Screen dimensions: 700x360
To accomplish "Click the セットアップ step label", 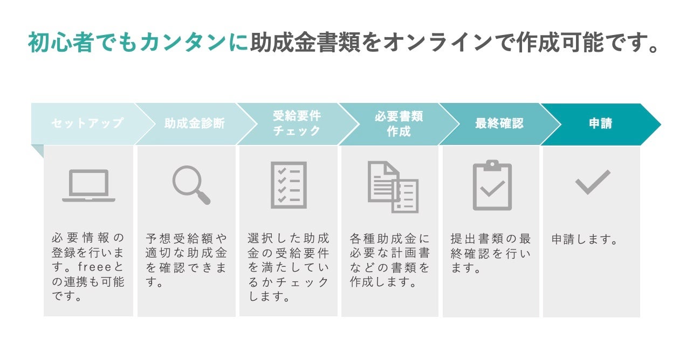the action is tap(87, 123).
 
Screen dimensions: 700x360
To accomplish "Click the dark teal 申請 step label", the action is tap(600, 123).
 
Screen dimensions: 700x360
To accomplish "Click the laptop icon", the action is tap(88, 185).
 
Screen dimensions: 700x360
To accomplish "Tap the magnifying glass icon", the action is tap(191, 185).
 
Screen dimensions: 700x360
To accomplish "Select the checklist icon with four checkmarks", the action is tap(289, 185).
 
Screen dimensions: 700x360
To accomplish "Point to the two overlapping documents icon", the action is tap(393, 186).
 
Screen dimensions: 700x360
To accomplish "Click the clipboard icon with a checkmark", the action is tap(492, 185).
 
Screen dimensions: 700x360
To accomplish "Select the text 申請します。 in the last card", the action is tap(585, 239).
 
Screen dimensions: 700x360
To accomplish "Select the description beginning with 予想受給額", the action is tap(187, 260).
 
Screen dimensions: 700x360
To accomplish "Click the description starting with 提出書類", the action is tap(491, 253).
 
